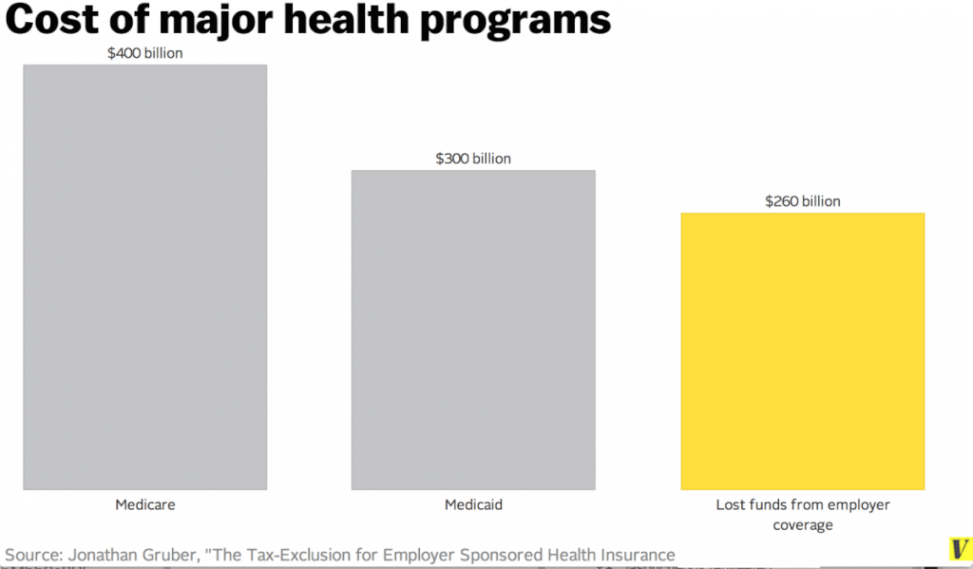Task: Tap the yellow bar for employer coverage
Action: [802, 351]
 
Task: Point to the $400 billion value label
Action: [145, 53]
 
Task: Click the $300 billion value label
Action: [473, 159]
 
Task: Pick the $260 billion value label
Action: [802, 201]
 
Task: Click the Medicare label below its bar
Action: [145, 504]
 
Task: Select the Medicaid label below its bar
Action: [473, 504]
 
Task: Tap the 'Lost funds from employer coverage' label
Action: [802, 514]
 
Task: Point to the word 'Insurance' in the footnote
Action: [636, 555]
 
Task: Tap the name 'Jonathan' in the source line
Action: [104, 555]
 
